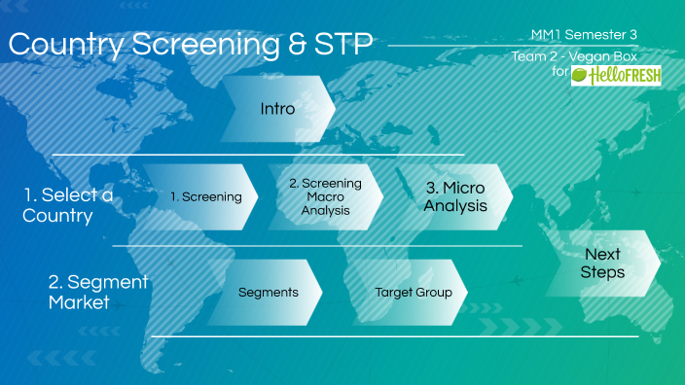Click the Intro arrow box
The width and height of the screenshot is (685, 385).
(277, 109)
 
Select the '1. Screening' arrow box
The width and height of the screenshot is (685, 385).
(205, 196)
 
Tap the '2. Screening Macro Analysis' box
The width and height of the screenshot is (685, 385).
(325, 196)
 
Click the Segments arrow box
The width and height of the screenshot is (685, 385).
(268, 292)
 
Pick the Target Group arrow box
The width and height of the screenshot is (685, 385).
(414, 292)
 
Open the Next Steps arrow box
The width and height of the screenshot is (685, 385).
(602, 262)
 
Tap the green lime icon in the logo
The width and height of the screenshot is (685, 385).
(582, 75)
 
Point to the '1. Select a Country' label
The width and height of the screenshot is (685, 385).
(66, 205)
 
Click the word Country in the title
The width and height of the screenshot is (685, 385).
(70, 45)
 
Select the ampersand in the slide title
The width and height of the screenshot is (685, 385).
(296, 45)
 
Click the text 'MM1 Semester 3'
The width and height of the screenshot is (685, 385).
(584, 35)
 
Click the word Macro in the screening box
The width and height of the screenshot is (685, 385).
(325, 196)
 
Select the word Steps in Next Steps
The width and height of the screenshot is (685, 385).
(602, 272)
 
